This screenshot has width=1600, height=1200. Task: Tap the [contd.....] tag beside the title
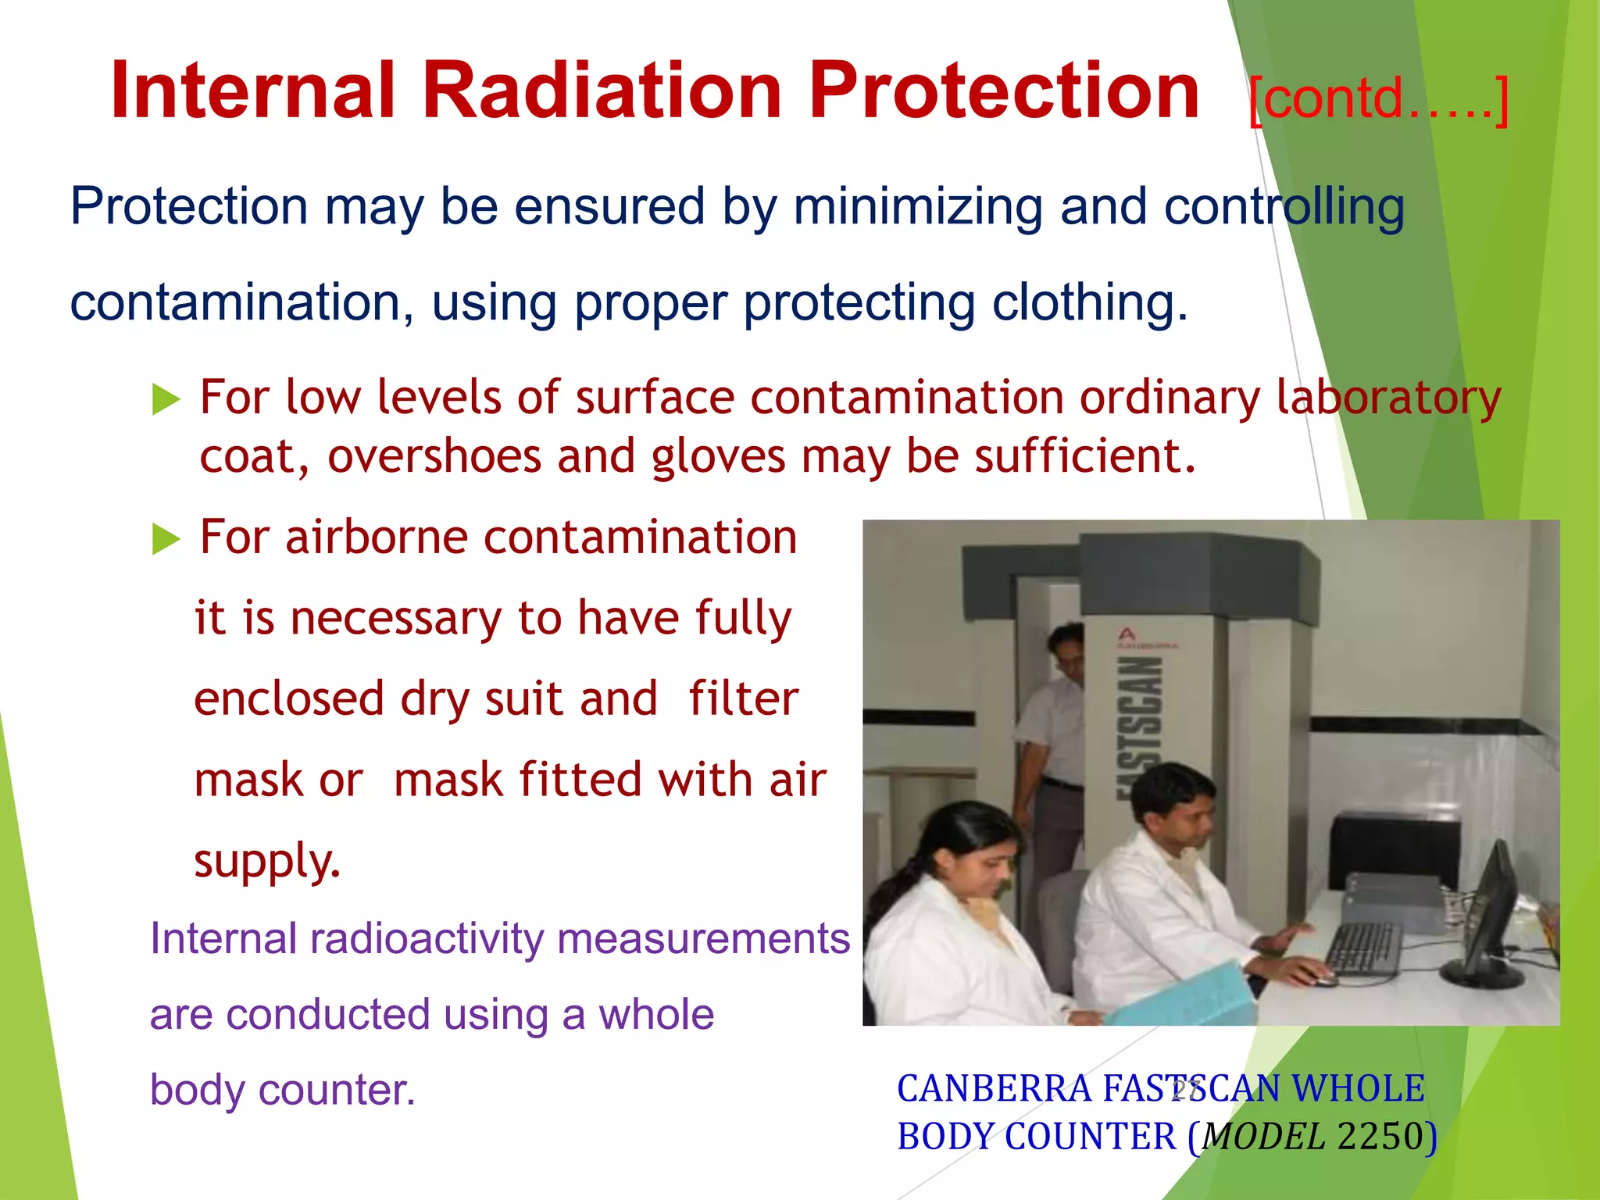pos(1378,99)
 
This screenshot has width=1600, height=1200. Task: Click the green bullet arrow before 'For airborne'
pos(166,539)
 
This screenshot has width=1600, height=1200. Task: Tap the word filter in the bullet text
pos(743,698)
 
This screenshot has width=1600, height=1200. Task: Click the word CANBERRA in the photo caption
pos(994,1089)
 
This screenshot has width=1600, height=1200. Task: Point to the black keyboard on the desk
pos(1363,947)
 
